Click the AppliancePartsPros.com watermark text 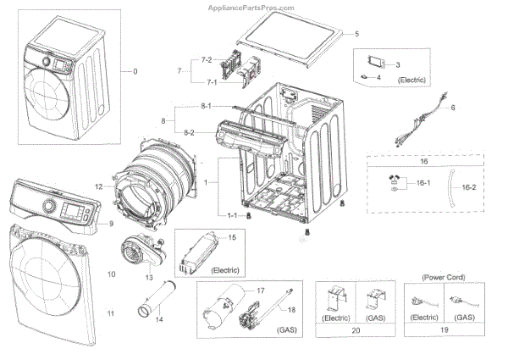[253, 6]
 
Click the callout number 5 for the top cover [356, 33]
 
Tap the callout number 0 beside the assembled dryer [135, 71]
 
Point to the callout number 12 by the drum [99, 186]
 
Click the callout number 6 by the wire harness [453, 108]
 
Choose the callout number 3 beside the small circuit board [398, 64]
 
